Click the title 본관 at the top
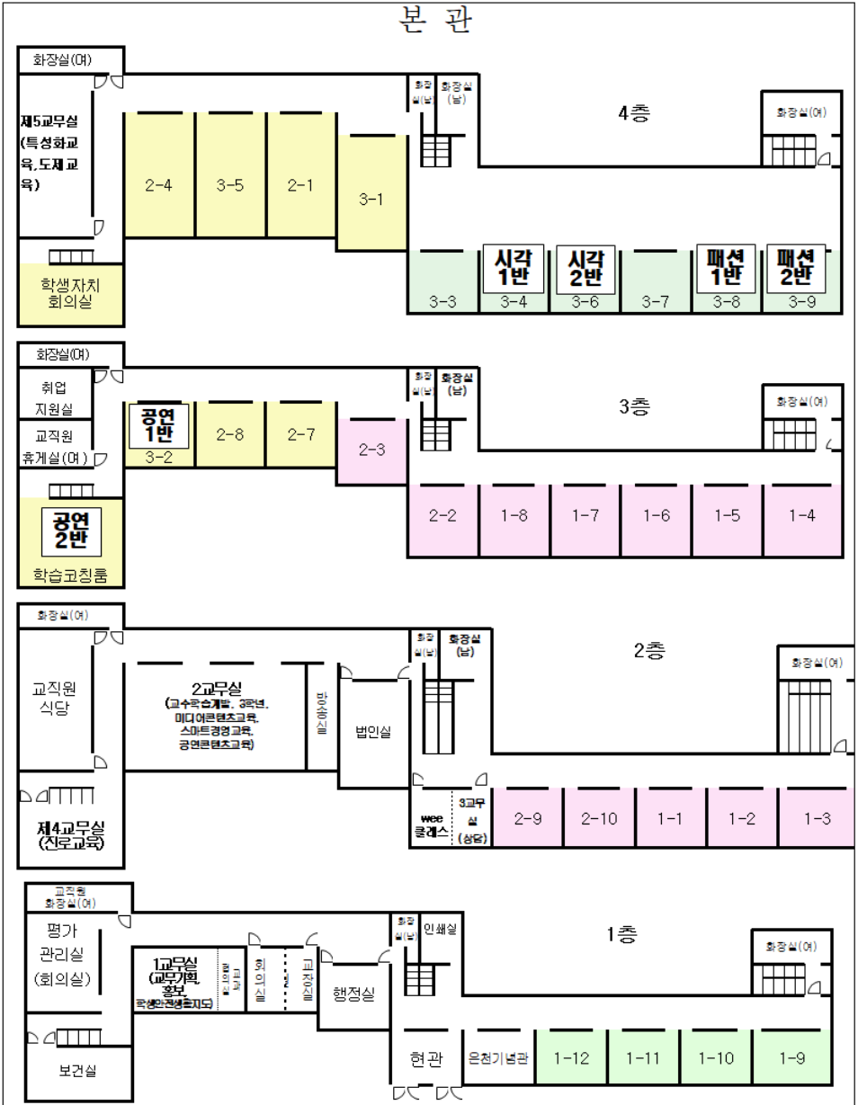[434, 20]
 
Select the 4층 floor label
[634, 115]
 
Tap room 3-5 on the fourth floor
[230, 186]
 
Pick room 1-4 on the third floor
[800, 516]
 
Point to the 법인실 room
[373, 733]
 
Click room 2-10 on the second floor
[598, 818]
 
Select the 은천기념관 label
[498, 1058]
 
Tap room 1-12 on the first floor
[571, 1058]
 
